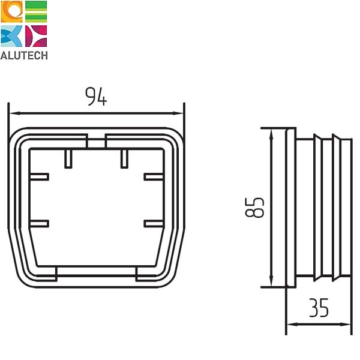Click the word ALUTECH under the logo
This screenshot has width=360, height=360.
coord(24,55)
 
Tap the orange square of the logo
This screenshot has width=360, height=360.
coord(11,12)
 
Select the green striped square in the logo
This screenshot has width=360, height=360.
coord(35,12)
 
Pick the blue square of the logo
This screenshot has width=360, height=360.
coord(11,36)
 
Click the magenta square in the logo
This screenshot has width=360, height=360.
coord(35,36)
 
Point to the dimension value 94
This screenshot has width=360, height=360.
coord(96,97)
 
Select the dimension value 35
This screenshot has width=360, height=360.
coord(319,308)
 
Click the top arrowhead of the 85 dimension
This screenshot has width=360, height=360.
coord(273,133)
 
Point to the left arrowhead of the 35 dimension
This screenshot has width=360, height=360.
coord(290,325)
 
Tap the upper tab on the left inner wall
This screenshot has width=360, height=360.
coord(38,176)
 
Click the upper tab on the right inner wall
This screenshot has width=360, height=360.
coord(154,176)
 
